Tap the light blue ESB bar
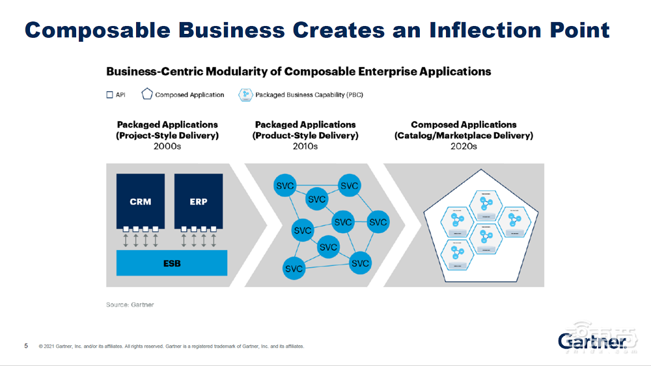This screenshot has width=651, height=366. (x=172, y=263)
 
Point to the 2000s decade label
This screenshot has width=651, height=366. (x=167, y=147)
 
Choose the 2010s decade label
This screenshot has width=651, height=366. (x=305, y=147)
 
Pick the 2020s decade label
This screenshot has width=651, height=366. (x=464, y=147)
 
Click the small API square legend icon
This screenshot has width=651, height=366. (x=109, y=94)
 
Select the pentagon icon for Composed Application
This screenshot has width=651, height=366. (x=146, y=94)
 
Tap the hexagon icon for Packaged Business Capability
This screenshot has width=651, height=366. (x=245, y=94)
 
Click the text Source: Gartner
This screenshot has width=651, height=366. (x=130, y=305)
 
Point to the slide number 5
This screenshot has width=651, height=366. (x=26, y=346)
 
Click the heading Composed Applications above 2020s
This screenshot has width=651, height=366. (x=464, y=124)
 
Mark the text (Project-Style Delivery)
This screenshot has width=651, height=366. (x=167, y=135)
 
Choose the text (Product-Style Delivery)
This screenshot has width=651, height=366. (x=305, y=135)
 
